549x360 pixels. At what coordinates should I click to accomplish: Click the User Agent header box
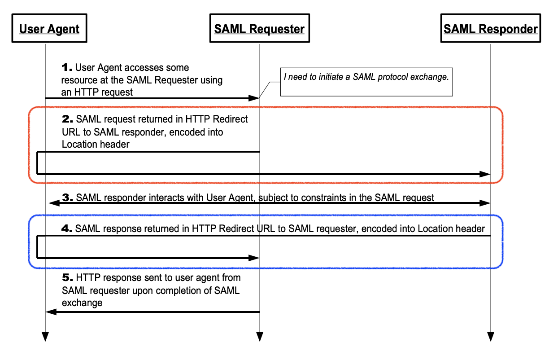pyautogui.click(x=49, y=29)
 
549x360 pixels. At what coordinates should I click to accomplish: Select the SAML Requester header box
pyautogui.click(x=259, y=29)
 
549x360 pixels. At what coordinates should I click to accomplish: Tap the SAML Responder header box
pyautogui.click(x=491, y=29)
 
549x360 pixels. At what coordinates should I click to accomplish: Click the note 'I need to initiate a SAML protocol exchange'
pyautogui.click(x=366, y=77)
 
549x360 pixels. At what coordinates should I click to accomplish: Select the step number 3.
pyautogui.click(x=67, y=198)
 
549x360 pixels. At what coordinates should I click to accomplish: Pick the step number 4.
pyautogui.click(x=67, y=229)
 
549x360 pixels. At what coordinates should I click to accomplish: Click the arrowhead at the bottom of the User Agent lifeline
pyautogui.click(x=45, y=337)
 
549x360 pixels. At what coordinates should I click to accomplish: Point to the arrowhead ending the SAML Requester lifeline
pyautogui.click(x=259, y=337)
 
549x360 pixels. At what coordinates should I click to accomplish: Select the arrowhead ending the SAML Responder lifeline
pyautogui.click(x=491, y=337)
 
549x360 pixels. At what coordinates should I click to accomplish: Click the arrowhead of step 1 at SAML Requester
pyautogui.click(x=254, y=98)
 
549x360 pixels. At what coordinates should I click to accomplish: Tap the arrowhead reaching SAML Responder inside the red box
pyautogui.click(x=485, y=174)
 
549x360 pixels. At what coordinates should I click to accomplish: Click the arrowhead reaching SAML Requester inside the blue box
pyautogui.click(x=254, y=258)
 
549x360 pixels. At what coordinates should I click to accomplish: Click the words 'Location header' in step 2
pyautogui.click(x=96, y=145)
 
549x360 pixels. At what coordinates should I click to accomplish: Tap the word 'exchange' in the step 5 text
pyautogui.click(x=82, y=303)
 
